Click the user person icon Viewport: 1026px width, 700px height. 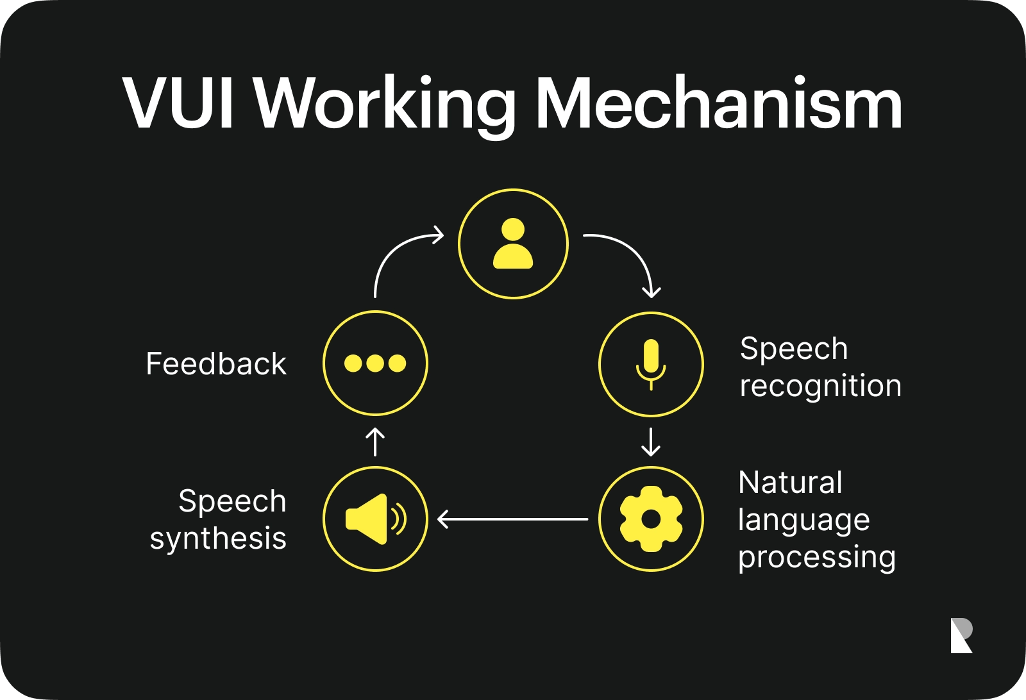click(513, 244)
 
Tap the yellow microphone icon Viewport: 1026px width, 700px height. click(651, 364)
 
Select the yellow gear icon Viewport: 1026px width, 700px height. click(651, 519)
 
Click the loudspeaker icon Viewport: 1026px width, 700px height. click(375, 519)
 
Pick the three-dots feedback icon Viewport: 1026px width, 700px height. click(375, 363)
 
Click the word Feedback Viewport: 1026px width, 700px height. click(216, 364)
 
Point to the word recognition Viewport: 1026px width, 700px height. click(820, 387)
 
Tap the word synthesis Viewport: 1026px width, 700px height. click(218, 538)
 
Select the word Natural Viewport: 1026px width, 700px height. click(790, 483)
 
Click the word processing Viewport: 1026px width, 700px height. click(816, 557)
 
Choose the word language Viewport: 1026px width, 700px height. click(803, 520)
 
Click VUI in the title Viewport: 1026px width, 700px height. click(179, 104)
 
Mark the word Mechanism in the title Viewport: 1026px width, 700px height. click(718, 104)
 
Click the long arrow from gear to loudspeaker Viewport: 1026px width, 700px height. click(513, 519)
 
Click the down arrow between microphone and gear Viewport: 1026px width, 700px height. click(651, 442)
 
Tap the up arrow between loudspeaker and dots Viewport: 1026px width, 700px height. click(375, 442)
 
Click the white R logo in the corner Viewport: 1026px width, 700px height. click(961, 635)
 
